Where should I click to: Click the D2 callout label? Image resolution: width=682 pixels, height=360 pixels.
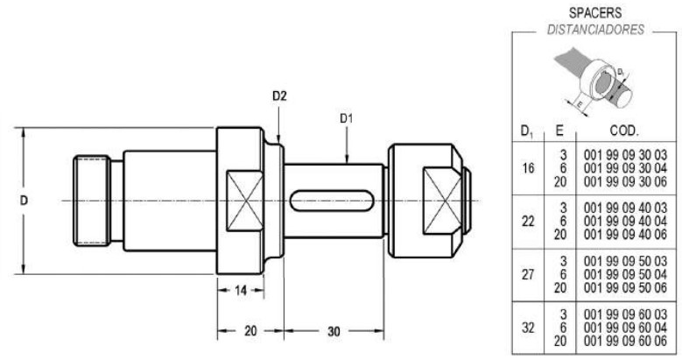click(x=279, y=96)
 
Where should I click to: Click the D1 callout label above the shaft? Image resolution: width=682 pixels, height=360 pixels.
click(x=346, y=118)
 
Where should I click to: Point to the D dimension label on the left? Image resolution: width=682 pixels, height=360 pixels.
click(x=24, y=201)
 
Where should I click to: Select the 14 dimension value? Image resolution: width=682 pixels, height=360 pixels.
click(x=241, y=290)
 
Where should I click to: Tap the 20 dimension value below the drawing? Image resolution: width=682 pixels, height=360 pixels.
click(x=250, y=331)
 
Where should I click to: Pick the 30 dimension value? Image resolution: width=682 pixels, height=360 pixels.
click(x=334, y=331)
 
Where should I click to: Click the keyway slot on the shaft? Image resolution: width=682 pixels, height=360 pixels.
click(x=332, y=201)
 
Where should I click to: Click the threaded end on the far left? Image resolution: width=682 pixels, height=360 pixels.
click(x=91, y=201)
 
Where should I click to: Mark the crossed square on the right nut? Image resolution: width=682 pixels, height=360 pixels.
click(x=442, y=201)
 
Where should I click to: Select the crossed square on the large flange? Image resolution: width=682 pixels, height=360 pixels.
click(x=245, y=201)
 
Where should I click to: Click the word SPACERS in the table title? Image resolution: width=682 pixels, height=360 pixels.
click(x=595, y=12)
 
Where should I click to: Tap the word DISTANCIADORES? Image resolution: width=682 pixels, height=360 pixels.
click(x=595, y=30)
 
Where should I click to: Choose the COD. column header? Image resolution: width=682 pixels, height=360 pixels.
click(x=624, y=131)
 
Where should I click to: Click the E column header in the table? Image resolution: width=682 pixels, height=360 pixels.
click(x=559, y=131)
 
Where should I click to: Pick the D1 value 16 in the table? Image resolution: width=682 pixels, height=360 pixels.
click(x=528, y=168)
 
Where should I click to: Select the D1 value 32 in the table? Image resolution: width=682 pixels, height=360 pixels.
click(x=528, y=327)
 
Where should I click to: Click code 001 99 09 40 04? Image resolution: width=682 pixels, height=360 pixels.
click(x=625, y=221)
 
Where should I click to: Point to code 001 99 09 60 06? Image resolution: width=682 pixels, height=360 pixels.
click(x=625, y=341)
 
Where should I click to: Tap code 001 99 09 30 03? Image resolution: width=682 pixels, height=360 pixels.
click(x=625, y=155)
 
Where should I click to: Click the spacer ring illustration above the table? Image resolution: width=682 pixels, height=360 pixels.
click(x=594, y=81)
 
